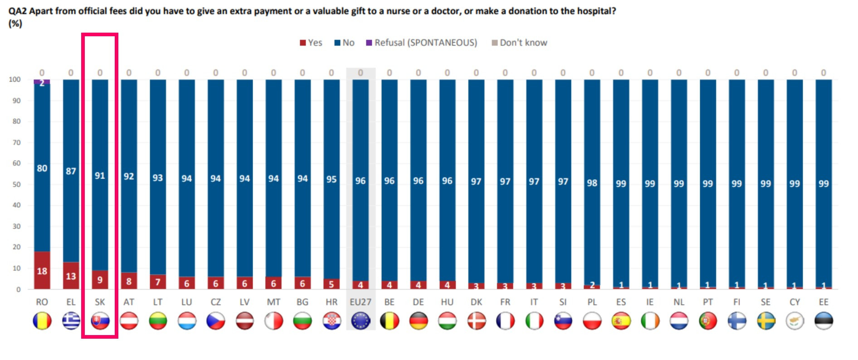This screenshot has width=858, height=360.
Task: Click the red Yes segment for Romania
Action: (x=42, y=270)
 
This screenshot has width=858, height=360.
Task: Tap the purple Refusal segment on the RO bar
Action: (x=42, y=82)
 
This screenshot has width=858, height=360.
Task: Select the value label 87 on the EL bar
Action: (x=71, y=171)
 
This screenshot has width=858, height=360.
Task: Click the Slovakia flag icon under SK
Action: (x=100, y=321)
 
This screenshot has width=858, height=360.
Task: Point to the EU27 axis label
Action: (x=361, y=302)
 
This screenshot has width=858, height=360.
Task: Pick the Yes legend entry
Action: (x=311, y=43)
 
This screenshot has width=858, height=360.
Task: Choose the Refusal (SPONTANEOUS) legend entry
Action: (x=422, y=43)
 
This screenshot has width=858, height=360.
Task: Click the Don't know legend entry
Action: (x=520, y=43)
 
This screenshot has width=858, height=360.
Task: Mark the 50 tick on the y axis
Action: (x=16, y=184)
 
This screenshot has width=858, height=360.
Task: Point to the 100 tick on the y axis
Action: (x=15, y=79)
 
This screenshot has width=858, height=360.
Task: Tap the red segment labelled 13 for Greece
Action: (x=71, y=276)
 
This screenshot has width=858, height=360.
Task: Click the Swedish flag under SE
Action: (x=765, y=321)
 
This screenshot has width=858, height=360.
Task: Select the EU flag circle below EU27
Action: (x=361, y=321)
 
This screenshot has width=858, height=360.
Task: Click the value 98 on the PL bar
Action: (x=592, y=183)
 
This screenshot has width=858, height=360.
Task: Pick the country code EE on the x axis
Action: (x=824, y=302)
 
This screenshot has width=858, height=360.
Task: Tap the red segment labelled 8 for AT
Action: (x=129, y=281)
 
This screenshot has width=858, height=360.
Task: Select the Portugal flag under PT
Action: (x=707, y=321)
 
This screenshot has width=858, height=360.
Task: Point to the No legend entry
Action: (x=345, y=43)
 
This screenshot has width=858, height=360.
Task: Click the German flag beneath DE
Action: (x=418, y=321)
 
